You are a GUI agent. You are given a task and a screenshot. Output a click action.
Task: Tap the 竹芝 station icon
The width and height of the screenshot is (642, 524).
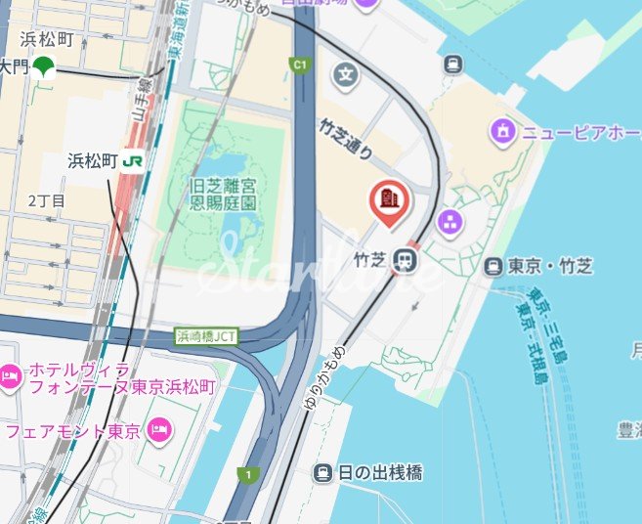point(402,260)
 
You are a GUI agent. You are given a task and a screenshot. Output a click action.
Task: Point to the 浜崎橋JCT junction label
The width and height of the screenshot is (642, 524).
point(208,336)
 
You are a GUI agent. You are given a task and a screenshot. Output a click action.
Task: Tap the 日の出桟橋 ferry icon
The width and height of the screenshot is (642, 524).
point(322,473)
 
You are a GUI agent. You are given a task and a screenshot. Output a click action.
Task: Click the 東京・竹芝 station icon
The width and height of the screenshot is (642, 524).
point(494,266)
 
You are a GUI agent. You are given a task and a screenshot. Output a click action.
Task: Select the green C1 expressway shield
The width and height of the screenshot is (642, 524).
point(300,65)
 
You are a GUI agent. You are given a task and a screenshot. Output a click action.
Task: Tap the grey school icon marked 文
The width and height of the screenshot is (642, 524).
point(345,73)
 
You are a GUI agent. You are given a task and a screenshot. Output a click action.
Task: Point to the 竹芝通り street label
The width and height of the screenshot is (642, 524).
point(346,138)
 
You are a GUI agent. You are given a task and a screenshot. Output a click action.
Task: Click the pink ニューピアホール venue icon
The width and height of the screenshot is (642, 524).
point(503,129)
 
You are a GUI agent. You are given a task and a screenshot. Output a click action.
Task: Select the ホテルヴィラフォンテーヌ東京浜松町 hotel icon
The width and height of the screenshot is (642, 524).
point(10,374)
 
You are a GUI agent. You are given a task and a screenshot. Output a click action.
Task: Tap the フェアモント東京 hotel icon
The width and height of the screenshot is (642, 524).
point(160,428)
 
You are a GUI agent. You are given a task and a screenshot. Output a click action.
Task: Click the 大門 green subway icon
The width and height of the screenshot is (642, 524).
point(43,66)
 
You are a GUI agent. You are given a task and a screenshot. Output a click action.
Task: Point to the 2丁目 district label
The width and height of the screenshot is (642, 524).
point(46,200)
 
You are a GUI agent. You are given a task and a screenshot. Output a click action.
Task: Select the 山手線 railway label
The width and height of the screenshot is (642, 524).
point(143,97)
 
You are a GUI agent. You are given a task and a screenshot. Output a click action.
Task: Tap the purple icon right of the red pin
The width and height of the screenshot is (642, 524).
point(450,222)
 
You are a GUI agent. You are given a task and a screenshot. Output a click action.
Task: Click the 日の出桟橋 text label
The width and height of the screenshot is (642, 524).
point(380,473)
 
